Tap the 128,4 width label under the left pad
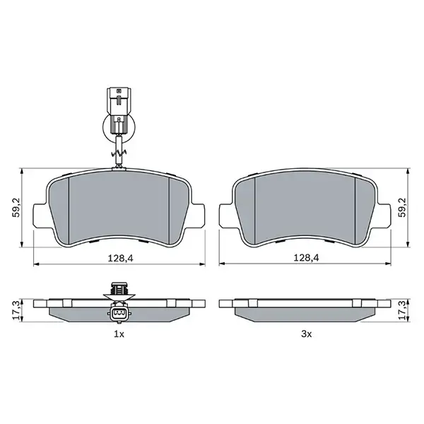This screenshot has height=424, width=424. (x=119, y=258)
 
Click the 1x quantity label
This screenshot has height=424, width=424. (x=119, y=333)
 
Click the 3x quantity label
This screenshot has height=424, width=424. (x=305, y=333)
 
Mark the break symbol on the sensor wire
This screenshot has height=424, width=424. (x=118, y=151)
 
